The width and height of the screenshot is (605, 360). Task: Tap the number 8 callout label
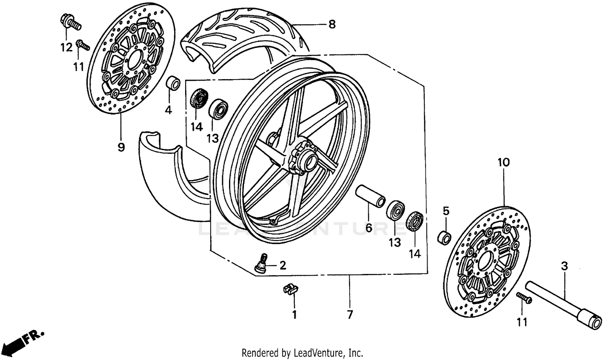tap(332, 25)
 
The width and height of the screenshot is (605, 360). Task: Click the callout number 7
tap(349, 314)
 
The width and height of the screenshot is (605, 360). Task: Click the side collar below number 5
tap(445, 237)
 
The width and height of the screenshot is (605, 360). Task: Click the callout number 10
tap(504, 163)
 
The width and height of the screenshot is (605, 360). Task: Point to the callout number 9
tap(121, 147)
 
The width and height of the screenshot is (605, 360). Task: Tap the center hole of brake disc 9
tap(134, 61)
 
